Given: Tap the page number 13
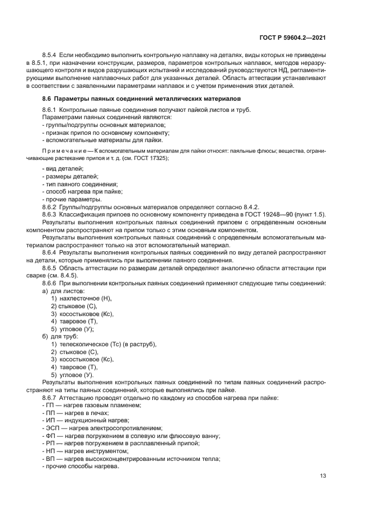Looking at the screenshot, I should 322,476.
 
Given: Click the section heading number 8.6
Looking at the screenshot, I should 47,98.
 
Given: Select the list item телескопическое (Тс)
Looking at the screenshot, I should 93,344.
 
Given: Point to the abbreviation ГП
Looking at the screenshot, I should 50,405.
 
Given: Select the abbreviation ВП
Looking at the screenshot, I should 50,458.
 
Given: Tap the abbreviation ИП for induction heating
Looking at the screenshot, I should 50,420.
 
